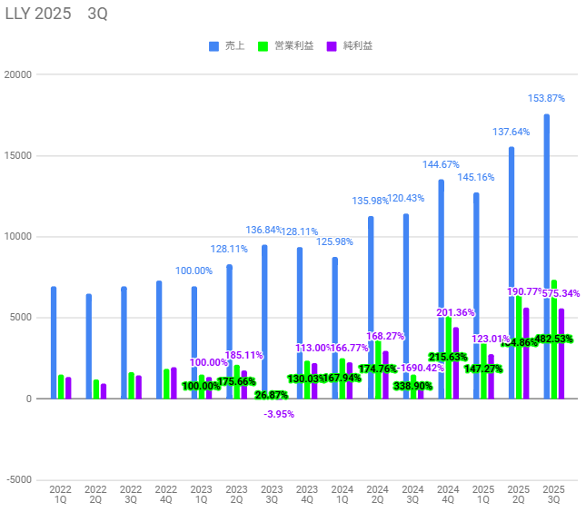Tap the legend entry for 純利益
[353, 45]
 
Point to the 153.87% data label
[547, 98]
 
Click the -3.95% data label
[279, 414]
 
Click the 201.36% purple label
[456, 313]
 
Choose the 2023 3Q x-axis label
[271, 494]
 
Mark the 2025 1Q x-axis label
[482, 494]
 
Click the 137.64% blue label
[512, 132]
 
